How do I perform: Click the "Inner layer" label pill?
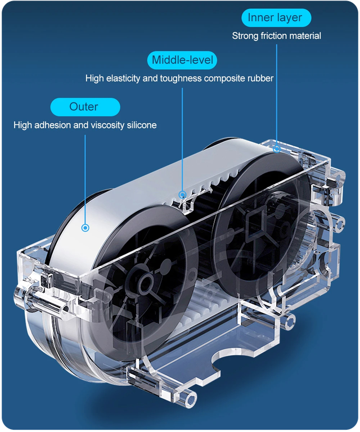[275, 17]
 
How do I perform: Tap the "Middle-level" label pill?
[182, 60]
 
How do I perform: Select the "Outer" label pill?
[85, 107]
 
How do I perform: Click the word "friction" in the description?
[273, 36]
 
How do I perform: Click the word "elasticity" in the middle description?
[123, 78]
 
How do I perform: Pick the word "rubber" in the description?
[260, 78]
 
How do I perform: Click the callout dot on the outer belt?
[85, 228]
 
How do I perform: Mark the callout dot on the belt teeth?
[182, 195]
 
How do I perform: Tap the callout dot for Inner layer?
[276, 148]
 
